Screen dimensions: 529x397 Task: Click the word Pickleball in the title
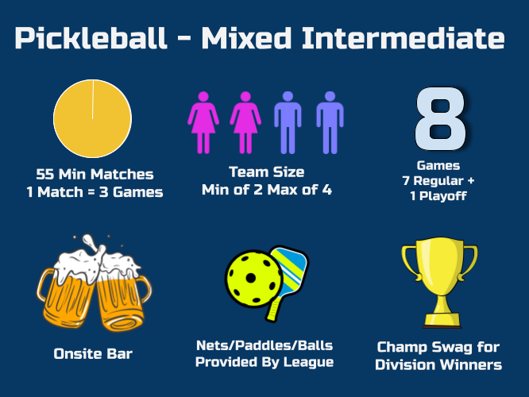[91, 38]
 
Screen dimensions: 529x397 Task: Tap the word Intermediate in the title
[404, 38]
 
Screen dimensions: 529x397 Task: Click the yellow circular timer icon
[92, 118]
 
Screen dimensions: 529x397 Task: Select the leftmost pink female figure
[203, 122]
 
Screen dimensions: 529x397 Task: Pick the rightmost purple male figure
[330, 122]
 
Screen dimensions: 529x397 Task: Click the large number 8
[440, 118]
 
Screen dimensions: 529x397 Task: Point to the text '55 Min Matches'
[95, 175]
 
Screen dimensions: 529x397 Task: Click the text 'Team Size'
[267, 172]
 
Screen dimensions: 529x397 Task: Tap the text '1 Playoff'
[438, 195]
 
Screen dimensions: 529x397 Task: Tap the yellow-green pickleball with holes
[253, 279]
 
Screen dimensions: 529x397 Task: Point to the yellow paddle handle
[273, 310]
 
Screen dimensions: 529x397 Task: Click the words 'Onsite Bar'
[93, 354]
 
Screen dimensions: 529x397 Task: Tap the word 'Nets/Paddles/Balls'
[264, 345]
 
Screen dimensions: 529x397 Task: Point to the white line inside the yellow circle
[93, 99]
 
